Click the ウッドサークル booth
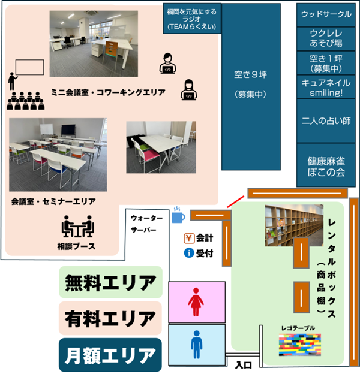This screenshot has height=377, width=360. point(326,13)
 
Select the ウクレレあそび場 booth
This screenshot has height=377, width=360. point(326,37)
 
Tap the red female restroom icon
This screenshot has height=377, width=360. point(195,302)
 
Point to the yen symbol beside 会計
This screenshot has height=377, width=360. point(188,237)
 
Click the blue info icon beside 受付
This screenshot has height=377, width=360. point(188,253)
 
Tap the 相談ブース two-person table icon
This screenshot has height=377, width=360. point(78,228)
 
